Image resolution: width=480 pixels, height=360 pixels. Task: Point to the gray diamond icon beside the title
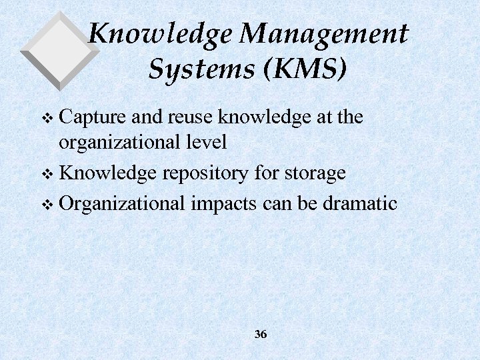pyautogui.click(x=59, y=50)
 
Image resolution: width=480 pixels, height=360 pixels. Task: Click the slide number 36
pyautogui.click(x=261, y=334)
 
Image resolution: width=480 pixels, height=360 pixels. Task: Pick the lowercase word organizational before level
pyautogui.click(x=117, y=141)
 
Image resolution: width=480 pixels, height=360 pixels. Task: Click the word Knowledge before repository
pyautogui.click(x=109, y=173)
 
